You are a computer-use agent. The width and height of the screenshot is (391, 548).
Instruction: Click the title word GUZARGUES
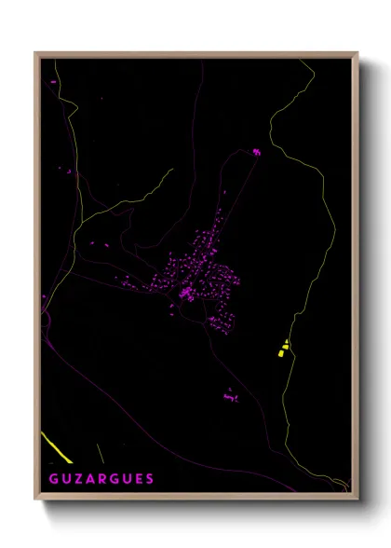(101, 479)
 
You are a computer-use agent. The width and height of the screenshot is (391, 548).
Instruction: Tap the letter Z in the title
(77, 479)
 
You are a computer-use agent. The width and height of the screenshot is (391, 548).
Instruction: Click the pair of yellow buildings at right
(284, 349)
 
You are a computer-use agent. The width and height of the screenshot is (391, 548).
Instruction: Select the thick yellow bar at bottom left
(57, 447)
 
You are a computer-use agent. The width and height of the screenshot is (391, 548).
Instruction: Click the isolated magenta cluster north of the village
(256, 151)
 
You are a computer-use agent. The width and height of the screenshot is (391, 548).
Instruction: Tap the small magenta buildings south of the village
(231, 396)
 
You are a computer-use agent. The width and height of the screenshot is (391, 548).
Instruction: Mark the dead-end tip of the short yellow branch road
(172, 170)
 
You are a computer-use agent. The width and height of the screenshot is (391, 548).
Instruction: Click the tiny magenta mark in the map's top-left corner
(53, 82)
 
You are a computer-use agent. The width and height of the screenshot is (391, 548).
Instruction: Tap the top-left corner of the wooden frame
(35, 53)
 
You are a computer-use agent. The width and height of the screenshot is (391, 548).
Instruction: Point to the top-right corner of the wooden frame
(357, 53)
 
